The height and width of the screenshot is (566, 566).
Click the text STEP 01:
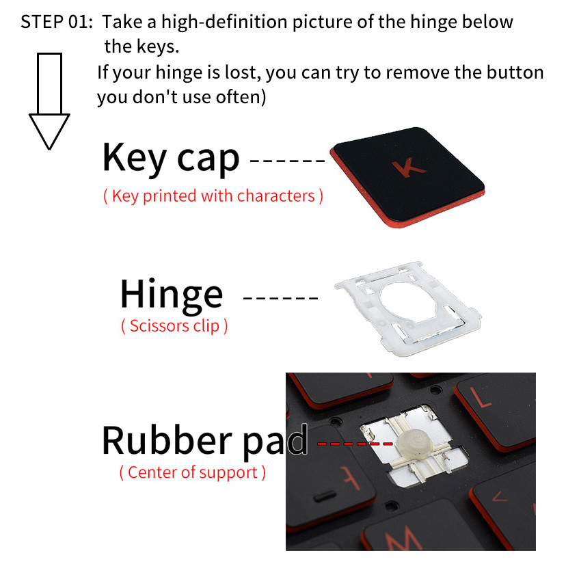[57, 22]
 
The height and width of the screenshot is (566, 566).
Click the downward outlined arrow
[49, 101]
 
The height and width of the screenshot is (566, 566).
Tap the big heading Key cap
[171, 158]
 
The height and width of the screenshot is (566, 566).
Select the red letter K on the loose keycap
[409, 168]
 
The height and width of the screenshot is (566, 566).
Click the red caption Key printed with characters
[213, 196]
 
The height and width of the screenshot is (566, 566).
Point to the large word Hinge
[172, 295]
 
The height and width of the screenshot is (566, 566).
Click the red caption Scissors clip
[174, 326]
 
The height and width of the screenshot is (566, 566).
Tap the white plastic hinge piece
[408, 308]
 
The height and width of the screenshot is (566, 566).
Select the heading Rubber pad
[205, 441]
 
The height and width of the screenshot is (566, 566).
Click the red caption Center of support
[192, 472]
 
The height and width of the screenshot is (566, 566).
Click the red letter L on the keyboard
[480, 397]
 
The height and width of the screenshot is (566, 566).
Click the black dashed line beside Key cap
[288, 161]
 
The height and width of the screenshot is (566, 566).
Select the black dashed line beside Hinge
[280, 298]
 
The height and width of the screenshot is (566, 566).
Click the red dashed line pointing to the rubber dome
[355, 443]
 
